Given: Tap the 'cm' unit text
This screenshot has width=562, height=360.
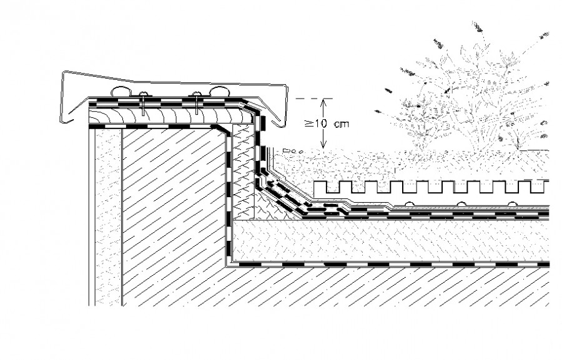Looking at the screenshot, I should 341,124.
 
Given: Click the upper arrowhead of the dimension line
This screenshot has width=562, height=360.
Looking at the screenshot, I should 323,101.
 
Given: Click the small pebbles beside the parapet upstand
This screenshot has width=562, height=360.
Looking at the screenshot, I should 292,151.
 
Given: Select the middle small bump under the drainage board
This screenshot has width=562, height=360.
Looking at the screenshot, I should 461,203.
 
